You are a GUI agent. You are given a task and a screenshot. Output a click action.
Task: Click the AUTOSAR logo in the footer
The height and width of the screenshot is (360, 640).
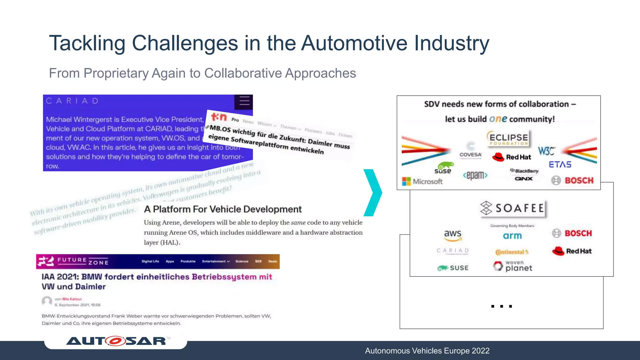coord(116,341)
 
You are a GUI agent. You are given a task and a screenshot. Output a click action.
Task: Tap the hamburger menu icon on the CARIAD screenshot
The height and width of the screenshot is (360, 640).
coord(244,101)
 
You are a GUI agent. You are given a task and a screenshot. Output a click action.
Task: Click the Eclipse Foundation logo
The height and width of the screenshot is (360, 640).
coord(508,139)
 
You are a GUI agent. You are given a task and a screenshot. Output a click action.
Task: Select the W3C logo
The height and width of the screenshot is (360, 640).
coord(546,151)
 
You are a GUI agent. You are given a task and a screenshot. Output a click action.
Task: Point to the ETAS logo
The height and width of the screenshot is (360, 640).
coord(560,165)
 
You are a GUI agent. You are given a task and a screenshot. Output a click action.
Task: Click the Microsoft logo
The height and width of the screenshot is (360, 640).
coord(422,181)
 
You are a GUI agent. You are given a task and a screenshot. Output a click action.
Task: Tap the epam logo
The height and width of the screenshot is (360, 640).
coord(475,175)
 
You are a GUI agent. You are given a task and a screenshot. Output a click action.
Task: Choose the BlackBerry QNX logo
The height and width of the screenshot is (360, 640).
coord(524,175)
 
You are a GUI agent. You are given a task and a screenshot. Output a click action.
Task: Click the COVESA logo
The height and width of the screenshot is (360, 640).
coord(470,150)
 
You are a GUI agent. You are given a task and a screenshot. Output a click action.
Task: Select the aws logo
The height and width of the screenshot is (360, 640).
coord(452,235)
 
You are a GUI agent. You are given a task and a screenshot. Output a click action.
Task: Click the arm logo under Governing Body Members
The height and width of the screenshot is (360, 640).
coord(512,236)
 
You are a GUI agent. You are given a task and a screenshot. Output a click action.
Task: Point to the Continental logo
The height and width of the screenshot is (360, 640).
coord(512,252)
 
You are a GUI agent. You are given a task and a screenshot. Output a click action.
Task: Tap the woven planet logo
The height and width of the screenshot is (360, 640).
coord(512,266)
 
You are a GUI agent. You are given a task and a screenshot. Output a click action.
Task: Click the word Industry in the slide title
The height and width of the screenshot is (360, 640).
coord(452,43)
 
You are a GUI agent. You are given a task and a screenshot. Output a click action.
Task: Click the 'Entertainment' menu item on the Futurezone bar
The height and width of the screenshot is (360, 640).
coord(216,261)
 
